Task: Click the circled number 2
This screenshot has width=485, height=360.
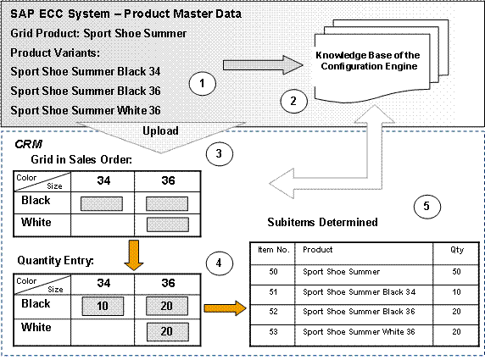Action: click(293, 101)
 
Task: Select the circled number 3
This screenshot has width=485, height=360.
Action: click(218, 153)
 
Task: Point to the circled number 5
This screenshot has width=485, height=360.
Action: click(426, 205)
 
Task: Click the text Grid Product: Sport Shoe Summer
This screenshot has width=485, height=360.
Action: click(98, 33)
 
